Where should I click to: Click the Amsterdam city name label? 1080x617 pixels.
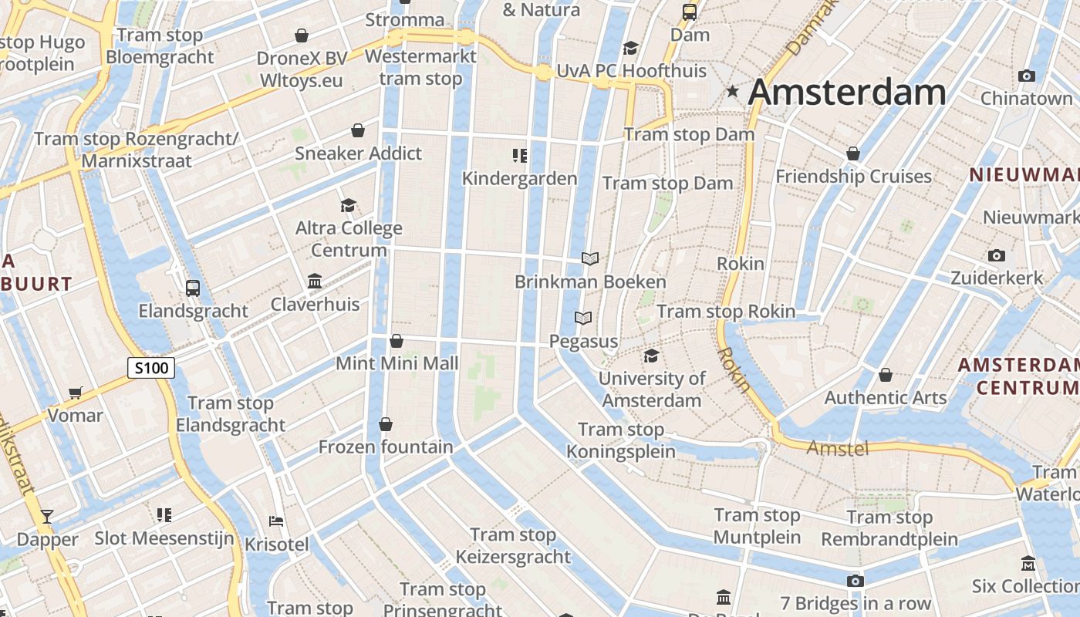pyautogui.click(x=847, y=93)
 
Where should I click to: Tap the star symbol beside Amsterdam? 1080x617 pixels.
pyautogui.click(x=732, y=93)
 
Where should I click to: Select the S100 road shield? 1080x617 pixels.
pyautogui.click(x=151, y=368)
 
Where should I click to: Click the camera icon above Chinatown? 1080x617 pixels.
pyautogui.click(x=1026, y=76)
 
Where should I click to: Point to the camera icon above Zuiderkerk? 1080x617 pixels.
pyautogui.click(x=996, y=255)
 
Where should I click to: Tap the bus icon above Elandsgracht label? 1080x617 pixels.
pyautogui.click(x=193, y=288)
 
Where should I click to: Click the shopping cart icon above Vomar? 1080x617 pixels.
pyautogui.click(x=75, y=393)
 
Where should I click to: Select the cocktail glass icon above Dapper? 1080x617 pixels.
pyautogui.click(x=47, y=516)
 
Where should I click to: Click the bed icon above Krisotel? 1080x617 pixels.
pyautogui.click(x=276, y=521)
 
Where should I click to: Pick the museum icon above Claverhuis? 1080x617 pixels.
pyautogui.click(x=315, y=282)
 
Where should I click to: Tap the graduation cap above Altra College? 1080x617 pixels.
pyautogui.click(x=349, y=205)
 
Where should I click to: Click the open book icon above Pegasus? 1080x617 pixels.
pyautogui.click(x=583, y=318)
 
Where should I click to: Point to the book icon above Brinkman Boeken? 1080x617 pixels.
pyautogui.click(x=590, y=258)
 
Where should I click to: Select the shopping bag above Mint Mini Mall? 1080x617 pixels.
pyautogui.click(x=397, y=341)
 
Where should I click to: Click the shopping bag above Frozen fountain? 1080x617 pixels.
pyautogui.click(x=386, y=424)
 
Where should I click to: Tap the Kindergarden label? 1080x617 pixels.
pyautogui.click(x=519, y=179)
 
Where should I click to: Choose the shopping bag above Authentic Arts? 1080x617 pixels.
pyautogui.click(x=886, y=375)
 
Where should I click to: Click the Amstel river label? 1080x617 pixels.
pyautogui.click(x=838, y=447)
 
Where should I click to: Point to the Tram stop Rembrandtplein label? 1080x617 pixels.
pyautogui.click(x=889, y=528)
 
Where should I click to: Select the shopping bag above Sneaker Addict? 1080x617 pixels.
pyautogui.click(x=358, y=130)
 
